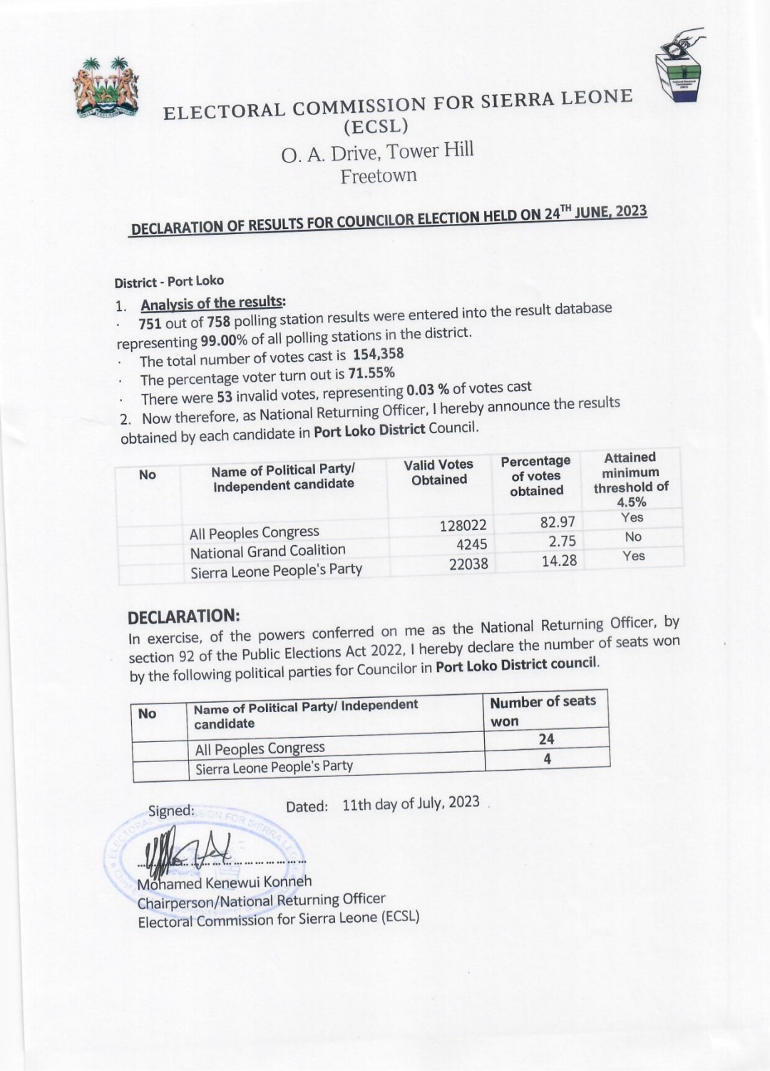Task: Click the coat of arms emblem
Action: click(x=106, y=88)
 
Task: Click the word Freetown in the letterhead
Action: click(x=379, y=176)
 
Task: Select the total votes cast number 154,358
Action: click(x=379, y=354)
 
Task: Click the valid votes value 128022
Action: click(x=463, y=526)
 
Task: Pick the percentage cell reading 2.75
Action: click(x=563, y=541)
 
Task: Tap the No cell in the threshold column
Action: click(x=633, y=537)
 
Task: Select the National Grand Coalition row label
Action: click(x=267, y=551)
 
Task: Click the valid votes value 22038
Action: click(x=468, y=564)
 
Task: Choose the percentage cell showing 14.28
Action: click(x=559, y=561)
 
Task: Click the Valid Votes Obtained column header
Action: click(x=438, y=472)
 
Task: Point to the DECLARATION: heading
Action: click(x=184, y=616)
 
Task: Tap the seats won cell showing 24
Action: click(x=547, y=739)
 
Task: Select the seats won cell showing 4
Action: click(x=547, y=759)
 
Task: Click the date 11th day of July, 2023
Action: click(x=411, y=803)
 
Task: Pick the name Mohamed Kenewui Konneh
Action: click(x=225, y=883)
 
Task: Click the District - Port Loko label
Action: click(x=169, y=282)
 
